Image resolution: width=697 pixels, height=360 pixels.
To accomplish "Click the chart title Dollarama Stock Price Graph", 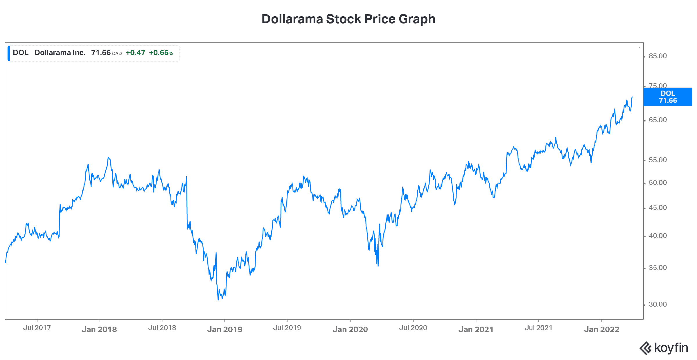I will (x=348, y=19).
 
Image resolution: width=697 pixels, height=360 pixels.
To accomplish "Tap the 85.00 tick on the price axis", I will (x=658, y=56).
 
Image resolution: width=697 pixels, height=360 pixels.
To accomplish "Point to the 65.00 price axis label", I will (x=658, y=120).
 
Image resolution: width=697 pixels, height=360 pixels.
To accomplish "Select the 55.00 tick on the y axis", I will (x=658, y=160).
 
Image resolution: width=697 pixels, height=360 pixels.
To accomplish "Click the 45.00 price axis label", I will (x=658, y=208).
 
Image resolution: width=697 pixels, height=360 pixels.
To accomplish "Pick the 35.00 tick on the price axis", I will (x=658, y=268).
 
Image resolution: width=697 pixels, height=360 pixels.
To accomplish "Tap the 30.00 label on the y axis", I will (x=658, y=304).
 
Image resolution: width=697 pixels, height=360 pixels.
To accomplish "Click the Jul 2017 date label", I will (x=37, y=328).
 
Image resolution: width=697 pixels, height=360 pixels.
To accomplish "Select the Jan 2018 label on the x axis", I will (x=99, y=330).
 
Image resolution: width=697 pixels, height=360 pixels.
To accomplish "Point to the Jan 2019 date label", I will (x=224, y=330).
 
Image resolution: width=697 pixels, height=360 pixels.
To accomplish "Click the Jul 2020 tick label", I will (x=413, y=328).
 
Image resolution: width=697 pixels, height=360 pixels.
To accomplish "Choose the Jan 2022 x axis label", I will (x=601, y=330).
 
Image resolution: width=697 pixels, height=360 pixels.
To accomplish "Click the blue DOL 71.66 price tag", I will (x=668, y=97).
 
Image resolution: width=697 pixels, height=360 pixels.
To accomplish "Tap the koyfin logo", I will (x=664, y=348).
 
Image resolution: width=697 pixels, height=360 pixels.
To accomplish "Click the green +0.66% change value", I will (x=161, y=53).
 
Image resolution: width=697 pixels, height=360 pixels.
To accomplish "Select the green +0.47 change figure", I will (x=135, y=53).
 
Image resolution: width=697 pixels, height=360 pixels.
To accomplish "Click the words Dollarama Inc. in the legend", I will (x=60, y=53).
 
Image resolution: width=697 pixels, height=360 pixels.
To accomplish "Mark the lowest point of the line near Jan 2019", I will (x=218, y=300).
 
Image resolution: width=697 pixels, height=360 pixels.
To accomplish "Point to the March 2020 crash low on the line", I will (x=378, y=266).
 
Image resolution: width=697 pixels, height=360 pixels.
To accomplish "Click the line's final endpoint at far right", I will (x=632, y=97).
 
